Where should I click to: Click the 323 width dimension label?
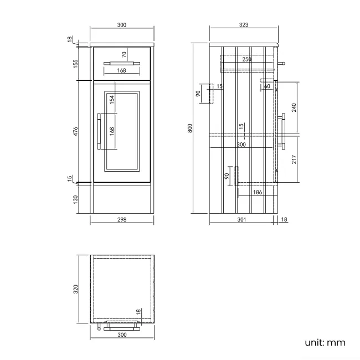pos(243,25)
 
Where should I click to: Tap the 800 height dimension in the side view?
pos(190,127)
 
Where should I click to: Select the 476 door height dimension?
pos(76,131)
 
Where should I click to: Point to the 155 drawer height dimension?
pos(76,63)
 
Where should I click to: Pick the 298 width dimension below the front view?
pos(122,219)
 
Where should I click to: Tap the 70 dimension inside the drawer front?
pos(124,54)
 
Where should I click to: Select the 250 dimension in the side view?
pos(246,59)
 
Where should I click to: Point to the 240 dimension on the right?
pos(294,107)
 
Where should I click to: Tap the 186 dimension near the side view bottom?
pos(257,192)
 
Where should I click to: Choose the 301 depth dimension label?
pos(241,220)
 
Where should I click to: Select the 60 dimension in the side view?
pos(267,86)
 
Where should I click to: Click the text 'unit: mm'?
pos(325,342)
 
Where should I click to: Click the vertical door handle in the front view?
pos(99,131)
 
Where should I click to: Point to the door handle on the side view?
pos(284,132)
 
